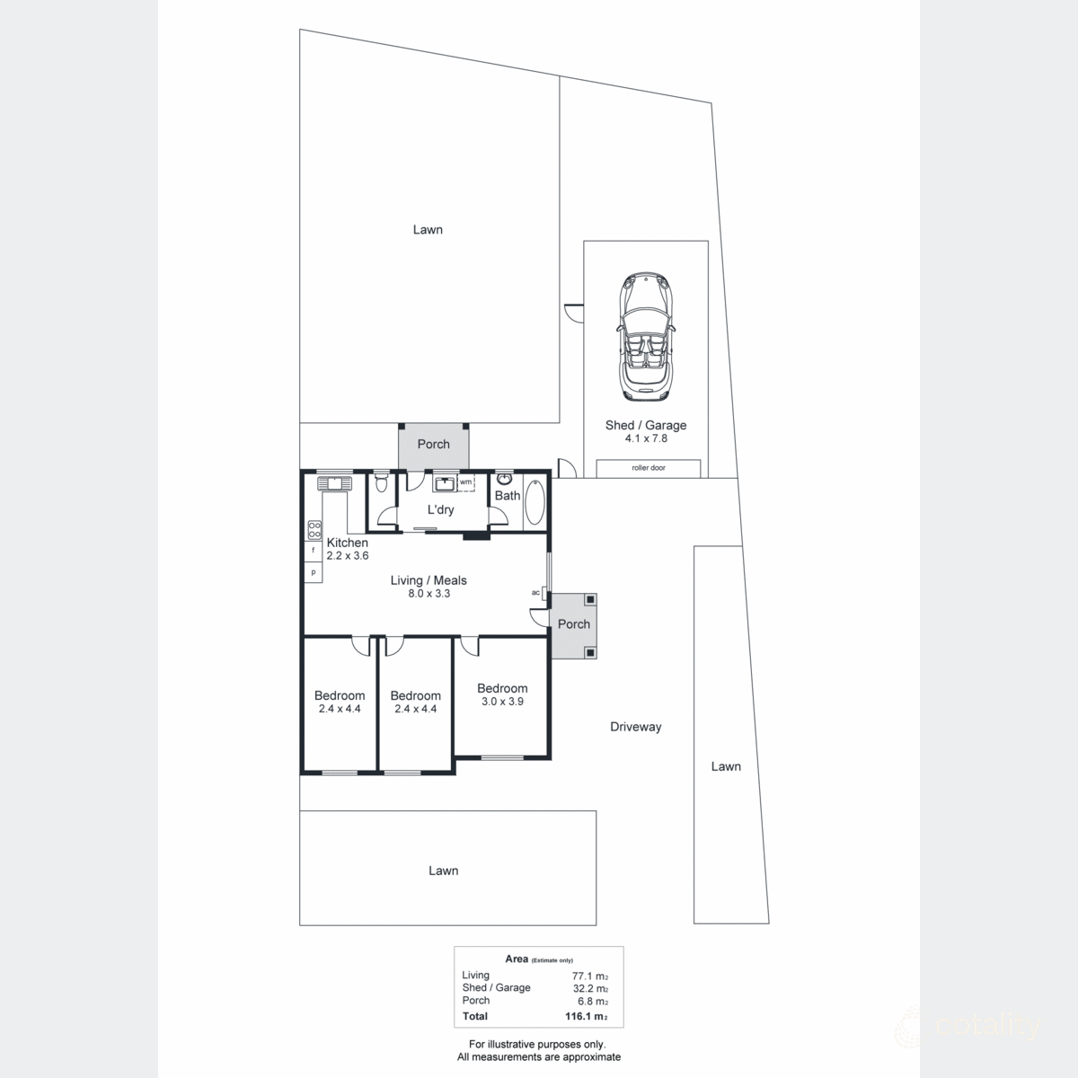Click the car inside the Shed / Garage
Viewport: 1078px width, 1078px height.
645,337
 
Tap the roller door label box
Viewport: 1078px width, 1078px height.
649,468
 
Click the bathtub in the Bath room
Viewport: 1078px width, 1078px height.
534,503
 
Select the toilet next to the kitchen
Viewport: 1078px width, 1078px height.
382,484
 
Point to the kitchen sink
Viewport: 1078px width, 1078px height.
333,482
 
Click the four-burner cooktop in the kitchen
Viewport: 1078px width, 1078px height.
314,530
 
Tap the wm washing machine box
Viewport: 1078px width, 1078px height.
465,482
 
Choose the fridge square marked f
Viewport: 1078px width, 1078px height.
314,550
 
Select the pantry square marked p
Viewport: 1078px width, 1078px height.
314,572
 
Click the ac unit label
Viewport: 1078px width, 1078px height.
535,593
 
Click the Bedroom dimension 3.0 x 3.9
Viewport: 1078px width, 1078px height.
502,702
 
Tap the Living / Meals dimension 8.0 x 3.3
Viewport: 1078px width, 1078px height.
428,593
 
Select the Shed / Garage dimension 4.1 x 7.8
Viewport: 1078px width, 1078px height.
646,438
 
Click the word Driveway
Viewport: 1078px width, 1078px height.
635,727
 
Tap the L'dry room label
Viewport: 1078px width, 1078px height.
440,509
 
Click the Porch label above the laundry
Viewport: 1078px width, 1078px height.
433,444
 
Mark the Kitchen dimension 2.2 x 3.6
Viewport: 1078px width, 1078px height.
347,555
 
